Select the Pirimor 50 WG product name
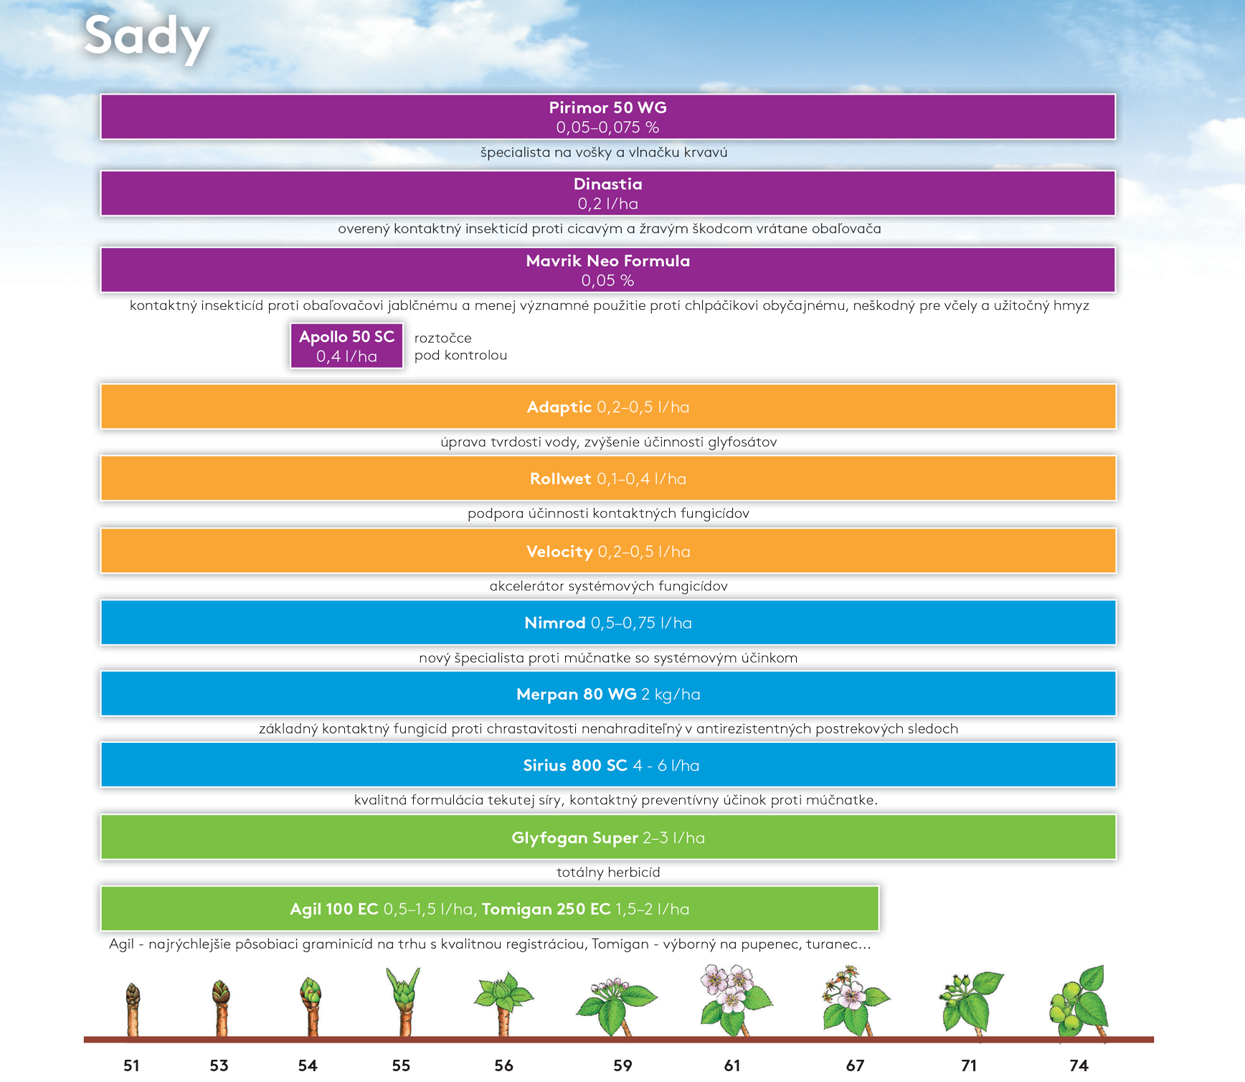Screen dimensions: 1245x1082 (608, 108)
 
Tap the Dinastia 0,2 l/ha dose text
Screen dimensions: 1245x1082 (608, 204)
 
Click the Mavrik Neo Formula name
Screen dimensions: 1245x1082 (608, 261)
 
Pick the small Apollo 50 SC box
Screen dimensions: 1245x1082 (347, 346)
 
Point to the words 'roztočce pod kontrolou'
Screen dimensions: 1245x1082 (460, 346)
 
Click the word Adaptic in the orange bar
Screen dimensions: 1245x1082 (559, 407)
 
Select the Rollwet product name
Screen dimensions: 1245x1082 (561, 479)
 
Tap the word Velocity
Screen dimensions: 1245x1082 (559, 551)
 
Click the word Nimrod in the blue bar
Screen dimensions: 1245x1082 (555, 623)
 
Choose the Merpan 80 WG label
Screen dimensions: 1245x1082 (577, 694)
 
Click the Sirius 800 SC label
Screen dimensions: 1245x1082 (575, 766)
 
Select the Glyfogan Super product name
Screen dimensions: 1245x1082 (575, 838)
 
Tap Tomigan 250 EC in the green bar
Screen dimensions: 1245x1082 (546, 909)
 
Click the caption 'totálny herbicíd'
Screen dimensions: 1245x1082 (608, 873)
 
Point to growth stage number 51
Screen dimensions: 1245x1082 (131, 1066)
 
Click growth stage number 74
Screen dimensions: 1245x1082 (1079, 1066)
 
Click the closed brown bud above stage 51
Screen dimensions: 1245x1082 (133, 996)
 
